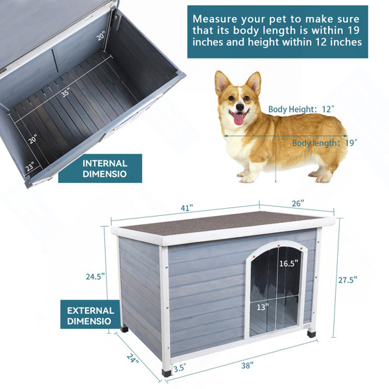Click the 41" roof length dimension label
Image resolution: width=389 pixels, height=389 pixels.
187,208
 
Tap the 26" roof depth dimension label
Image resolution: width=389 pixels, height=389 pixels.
298,204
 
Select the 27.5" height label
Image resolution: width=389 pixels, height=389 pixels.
348,280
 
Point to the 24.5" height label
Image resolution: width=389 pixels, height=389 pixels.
95,276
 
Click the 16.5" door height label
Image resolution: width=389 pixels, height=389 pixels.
289,263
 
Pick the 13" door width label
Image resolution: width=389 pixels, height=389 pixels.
263,307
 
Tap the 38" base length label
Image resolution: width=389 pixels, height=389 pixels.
248,366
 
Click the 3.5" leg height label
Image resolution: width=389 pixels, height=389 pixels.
180,368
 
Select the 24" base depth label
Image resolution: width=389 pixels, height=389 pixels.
133,359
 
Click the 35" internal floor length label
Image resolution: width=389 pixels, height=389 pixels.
65,92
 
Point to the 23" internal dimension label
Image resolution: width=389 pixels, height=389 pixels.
30,166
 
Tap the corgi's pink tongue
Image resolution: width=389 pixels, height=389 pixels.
239,119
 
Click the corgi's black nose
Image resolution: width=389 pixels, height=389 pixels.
240,107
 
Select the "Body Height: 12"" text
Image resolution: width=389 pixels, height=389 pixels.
301,109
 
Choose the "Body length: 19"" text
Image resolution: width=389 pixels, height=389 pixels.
325,143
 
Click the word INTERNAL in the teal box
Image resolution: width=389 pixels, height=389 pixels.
104,163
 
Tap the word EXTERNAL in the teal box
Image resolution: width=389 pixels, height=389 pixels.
91,311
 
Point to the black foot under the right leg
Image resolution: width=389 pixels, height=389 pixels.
311,334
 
